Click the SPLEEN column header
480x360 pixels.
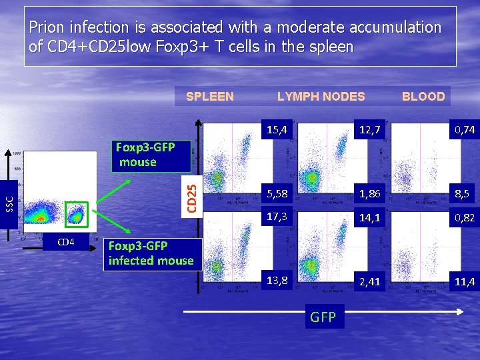pos(209,97)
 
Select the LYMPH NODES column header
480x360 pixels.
pos(321,97)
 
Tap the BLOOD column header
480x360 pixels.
pos(423,97)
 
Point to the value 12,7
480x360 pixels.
pos(368,130)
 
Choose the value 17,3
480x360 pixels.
pos(276,217)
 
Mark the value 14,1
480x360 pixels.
pos(368,217)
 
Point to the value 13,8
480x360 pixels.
pos(276,281)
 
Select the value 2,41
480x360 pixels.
pos(368,282)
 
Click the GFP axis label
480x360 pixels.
pos(323,317)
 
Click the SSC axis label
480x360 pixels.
pos(9,198)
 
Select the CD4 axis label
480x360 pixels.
pos(66,241)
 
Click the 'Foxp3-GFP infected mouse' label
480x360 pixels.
pos(151,253)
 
